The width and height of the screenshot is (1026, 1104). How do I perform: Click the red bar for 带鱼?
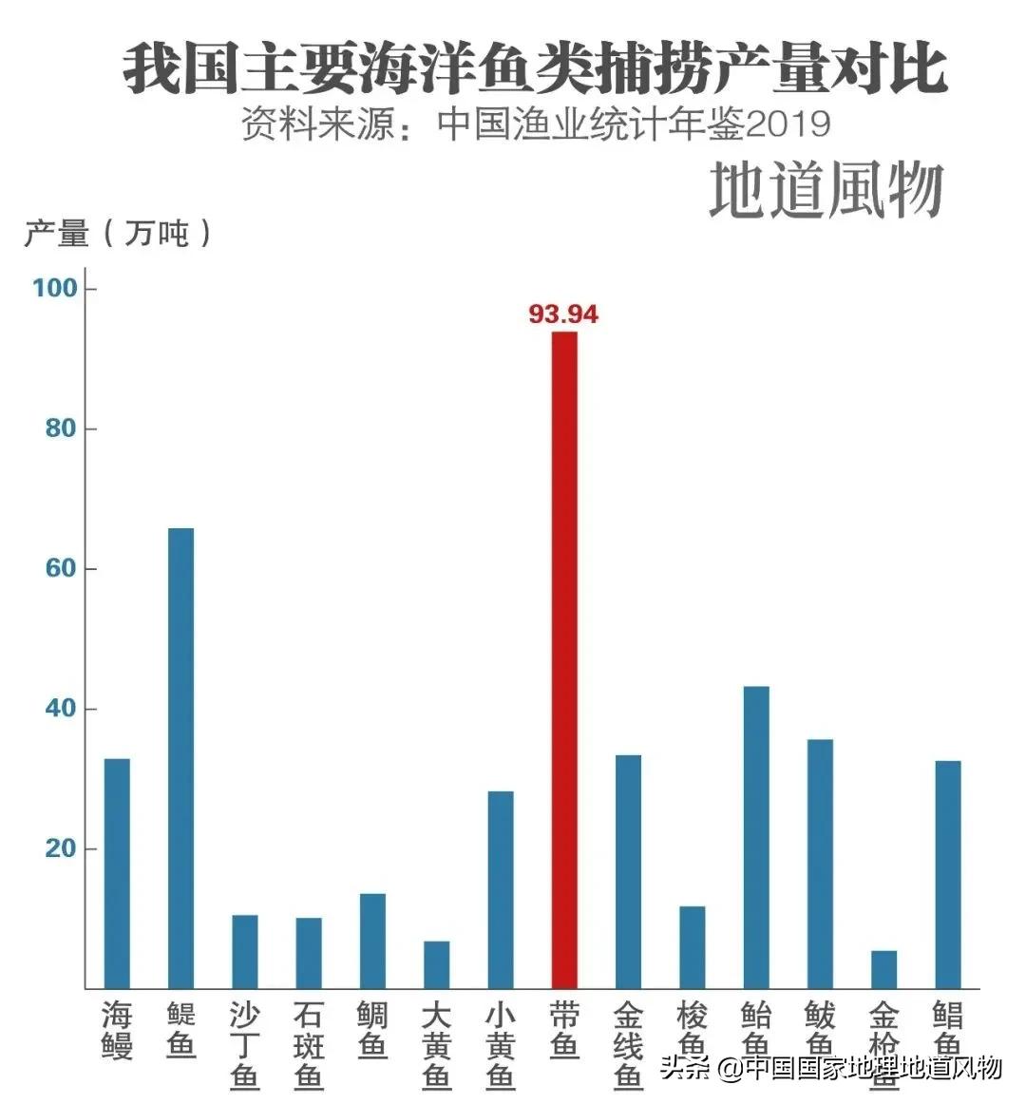coord(564,659)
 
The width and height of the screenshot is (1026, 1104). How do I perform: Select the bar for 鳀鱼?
coord(180,757)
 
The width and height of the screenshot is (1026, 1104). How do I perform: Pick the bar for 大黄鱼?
coord(436,963)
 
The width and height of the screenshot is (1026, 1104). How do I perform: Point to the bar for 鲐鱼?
coord(756,836)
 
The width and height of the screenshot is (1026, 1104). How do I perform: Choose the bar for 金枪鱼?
coord(883,968)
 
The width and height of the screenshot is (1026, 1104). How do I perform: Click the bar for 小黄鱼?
coord(501,888)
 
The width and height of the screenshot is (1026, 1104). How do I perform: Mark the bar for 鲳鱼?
coord(948,873)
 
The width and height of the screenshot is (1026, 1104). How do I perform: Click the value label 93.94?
coord(563,314)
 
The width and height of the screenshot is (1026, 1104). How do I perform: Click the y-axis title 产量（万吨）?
coord(118,232)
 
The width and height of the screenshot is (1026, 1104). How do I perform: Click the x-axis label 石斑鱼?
coord(309,1045)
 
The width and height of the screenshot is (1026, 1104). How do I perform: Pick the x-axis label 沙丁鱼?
coord(245,1045)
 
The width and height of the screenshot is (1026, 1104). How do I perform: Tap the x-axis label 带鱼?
coord(564,1030)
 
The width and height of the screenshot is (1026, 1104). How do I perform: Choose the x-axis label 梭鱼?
coord(692,1030)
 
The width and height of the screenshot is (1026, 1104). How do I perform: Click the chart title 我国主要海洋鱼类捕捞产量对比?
coord(535,67)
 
